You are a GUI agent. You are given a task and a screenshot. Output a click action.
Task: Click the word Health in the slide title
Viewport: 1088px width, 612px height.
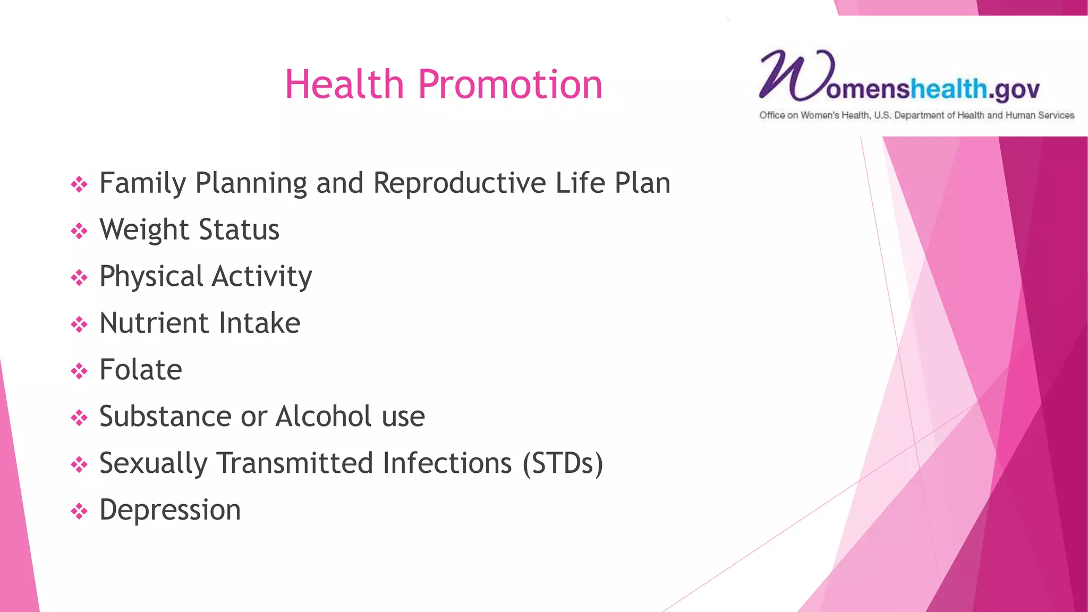point(344,84)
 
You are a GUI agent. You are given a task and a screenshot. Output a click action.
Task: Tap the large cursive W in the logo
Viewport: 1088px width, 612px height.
point(790,75)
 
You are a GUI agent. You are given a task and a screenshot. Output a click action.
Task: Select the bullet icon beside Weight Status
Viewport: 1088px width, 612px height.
point(79,231)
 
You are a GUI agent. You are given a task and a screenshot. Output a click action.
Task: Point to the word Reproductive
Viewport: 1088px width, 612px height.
point(460,183)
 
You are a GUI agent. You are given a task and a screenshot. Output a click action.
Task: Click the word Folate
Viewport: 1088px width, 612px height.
point(141,370)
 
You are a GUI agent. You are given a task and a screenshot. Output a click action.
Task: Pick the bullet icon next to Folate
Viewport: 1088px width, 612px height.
point(79,371)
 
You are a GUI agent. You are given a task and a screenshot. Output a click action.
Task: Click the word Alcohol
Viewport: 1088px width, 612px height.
point(324,416)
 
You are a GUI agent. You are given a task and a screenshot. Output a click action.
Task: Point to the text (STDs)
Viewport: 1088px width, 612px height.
point(563,463)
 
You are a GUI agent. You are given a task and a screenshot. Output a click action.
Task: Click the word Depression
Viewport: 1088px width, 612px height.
point(170,510)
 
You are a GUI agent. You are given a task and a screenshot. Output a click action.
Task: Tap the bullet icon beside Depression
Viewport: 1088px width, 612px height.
point(79,511)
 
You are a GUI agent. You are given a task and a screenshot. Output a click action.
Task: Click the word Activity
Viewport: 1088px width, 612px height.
point(262,277)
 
